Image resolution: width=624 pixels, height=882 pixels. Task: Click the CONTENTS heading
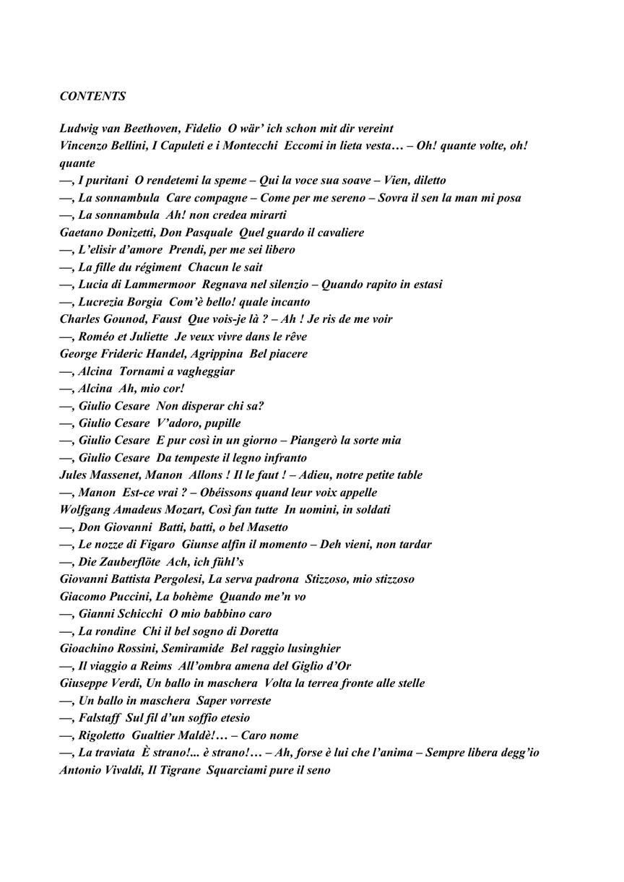click(92, 96)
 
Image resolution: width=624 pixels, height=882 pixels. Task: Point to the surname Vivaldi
click(124, 770)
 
